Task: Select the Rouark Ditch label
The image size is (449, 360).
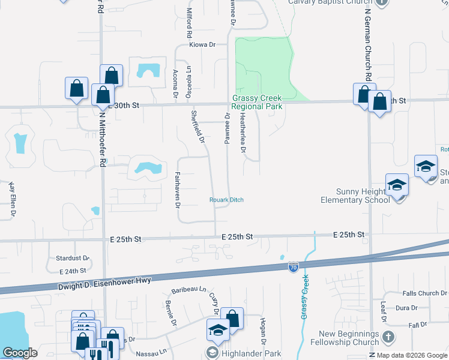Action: (226, 200)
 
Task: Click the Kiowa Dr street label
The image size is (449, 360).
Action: (202, 44)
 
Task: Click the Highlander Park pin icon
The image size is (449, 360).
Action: (212, 352)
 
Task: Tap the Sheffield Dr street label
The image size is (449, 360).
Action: (197, 127)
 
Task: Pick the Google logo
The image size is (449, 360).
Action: (20, 353)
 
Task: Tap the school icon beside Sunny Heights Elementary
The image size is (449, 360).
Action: (397, 185)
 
